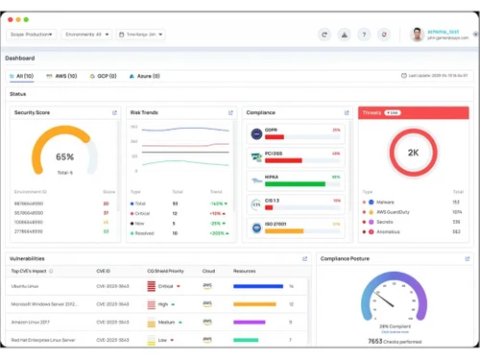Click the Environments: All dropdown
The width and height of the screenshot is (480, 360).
(x=85, y=35)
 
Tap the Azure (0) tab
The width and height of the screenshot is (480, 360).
(x=145, y=76)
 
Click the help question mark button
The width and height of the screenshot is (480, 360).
(x=364, y=35)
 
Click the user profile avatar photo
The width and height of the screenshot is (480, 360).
(x=417, y=35)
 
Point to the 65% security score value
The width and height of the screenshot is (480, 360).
(x=64, y=156)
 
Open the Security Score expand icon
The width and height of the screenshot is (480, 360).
(x=115, y=113)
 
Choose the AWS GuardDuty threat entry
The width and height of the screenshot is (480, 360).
(x=394, y=212)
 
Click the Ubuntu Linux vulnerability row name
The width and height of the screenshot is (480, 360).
(x=25, y=286)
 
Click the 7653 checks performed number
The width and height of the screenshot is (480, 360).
(x=375, y=341)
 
